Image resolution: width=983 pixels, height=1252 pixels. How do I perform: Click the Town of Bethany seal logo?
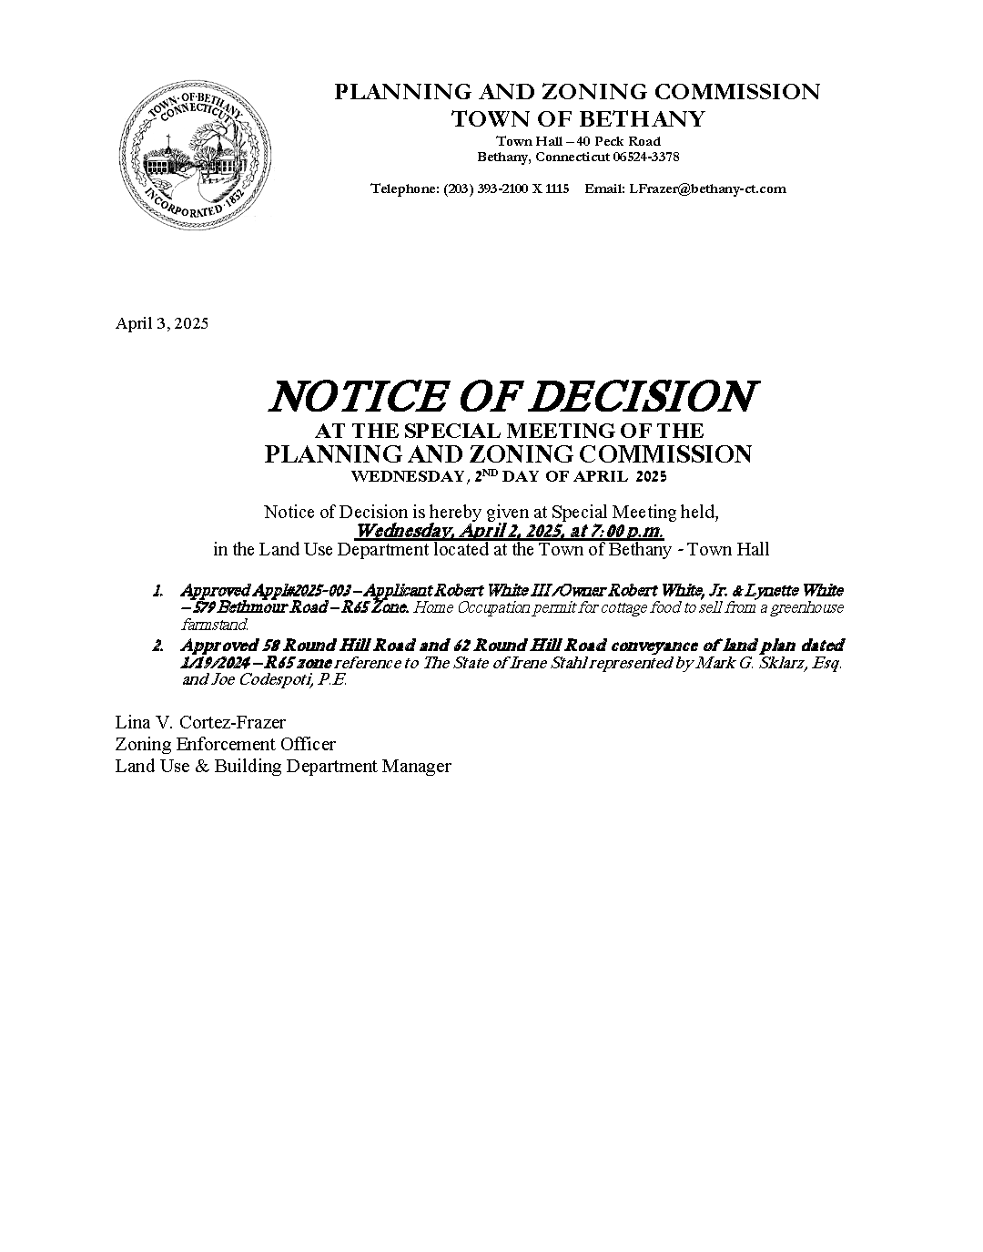point(198,159)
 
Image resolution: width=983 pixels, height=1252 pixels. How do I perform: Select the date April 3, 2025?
point(161,323)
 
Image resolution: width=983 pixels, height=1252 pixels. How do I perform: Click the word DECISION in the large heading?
point(644,397)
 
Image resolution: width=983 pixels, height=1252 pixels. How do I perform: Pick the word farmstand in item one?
point(214,625)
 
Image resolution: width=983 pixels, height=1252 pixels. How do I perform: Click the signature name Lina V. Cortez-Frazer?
point(200,722)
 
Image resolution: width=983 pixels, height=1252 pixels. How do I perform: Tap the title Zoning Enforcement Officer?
point(225,744)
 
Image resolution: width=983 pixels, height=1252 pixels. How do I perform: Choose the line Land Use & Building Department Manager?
point(282,766)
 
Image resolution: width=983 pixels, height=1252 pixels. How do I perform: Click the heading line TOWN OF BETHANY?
point(578,118)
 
